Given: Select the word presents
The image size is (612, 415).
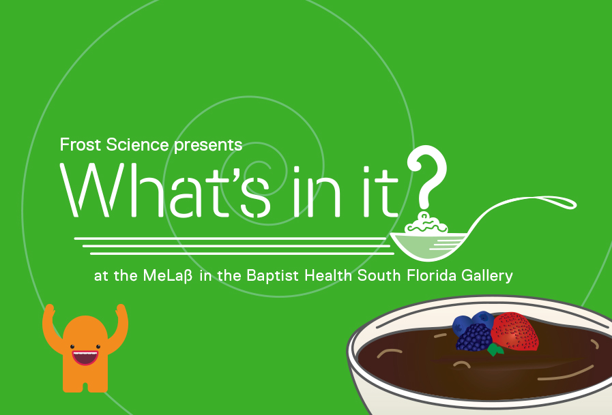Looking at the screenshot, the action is [x=208, y=145].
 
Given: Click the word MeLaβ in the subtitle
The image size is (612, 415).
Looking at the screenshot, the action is [x=168, y=276].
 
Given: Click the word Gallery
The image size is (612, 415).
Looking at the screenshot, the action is [x=486, y=276].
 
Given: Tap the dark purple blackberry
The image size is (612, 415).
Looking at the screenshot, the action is [x=474, y=337].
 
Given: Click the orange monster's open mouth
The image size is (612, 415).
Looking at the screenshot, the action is [x=85, y=357].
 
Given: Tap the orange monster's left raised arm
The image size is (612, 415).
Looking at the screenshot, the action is [x=52, y=327].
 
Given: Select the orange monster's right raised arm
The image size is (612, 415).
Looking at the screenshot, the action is [x=118, y=326].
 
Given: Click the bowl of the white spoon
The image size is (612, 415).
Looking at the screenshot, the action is [x=429, y=245].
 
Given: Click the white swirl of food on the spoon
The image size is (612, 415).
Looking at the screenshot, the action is [x=426, y=224].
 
